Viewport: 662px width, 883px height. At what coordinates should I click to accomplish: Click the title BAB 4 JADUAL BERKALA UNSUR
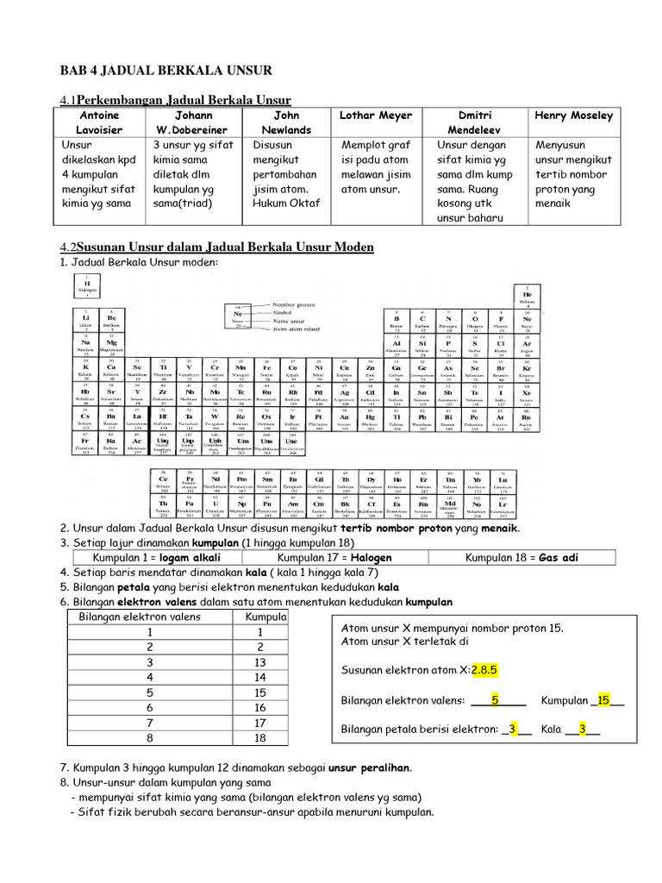click(165, 70)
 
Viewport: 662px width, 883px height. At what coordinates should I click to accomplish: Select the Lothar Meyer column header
click(376, 116)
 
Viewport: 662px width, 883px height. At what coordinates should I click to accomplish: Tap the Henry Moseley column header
click(573, 116)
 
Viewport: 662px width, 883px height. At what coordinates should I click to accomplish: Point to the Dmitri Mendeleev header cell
click(475, 122)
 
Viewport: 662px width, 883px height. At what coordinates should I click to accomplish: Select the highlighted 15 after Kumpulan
click(604, 700)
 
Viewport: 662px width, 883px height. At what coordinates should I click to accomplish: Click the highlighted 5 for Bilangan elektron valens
click(495, 700)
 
